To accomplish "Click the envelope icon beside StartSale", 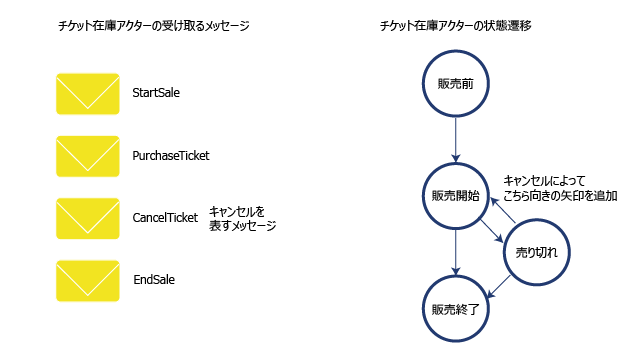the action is point(88,94).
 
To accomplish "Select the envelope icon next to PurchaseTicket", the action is point(88,156).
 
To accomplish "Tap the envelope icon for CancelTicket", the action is point(88,218).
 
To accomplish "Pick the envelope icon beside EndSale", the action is point(88,281).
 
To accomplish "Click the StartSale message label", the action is point(156,93).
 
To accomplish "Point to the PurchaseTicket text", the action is point(171,156).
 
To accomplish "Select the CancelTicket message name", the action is point(165,218).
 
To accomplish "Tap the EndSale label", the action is point(154,280).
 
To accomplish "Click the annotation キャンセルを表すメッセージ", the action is point(242,218).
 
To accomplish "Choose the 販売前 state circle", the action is point(456,51).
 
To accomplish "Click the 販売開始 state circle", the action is point(456,163).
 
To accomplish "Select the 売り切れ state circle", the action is point(536,220).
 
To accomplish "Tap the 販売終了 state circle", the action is point(456,276).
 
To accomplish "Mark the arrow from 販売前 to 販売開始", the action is point(456,140).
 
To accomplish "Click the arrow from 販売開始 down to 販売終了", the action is point(456,252).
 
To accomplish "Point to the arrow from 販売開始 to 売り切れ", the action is point(492,231).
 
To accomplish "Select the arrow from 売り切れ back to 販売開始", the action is point(503,210).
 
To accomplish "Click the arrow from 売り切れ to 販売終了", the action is point(499,287).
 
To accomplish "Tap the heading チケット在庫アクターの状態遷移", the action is point(456,26).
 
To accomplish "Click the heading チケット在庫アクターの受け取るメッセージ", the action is point(154,26).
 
